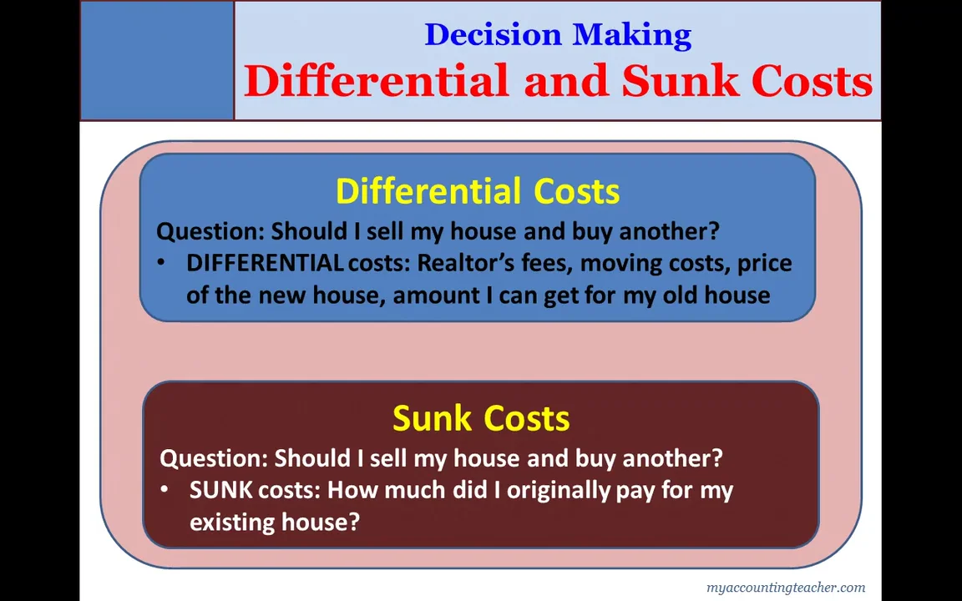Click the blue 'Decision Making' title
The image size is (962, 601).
558,35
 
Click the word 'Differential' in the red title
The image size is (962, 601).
376,82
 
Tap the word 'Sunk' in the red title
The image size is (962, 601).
680,82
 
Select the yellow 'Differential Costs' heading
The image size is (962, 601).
478,191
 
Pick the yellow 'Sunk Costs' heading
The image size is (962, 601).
481,418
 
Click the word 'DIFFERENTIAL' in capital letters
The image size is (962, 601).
264,263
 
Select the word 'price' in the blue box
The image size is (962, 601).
764,263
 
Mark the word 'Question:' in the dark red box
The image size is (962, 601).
214,458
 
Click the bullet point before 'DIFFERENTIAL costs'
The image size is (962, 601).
161,263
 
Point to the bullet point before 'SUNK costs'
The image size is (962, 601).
165,490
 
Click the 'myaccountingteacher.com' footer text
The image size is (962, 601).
785,588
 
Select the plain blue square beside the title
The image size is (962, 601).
157,60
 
